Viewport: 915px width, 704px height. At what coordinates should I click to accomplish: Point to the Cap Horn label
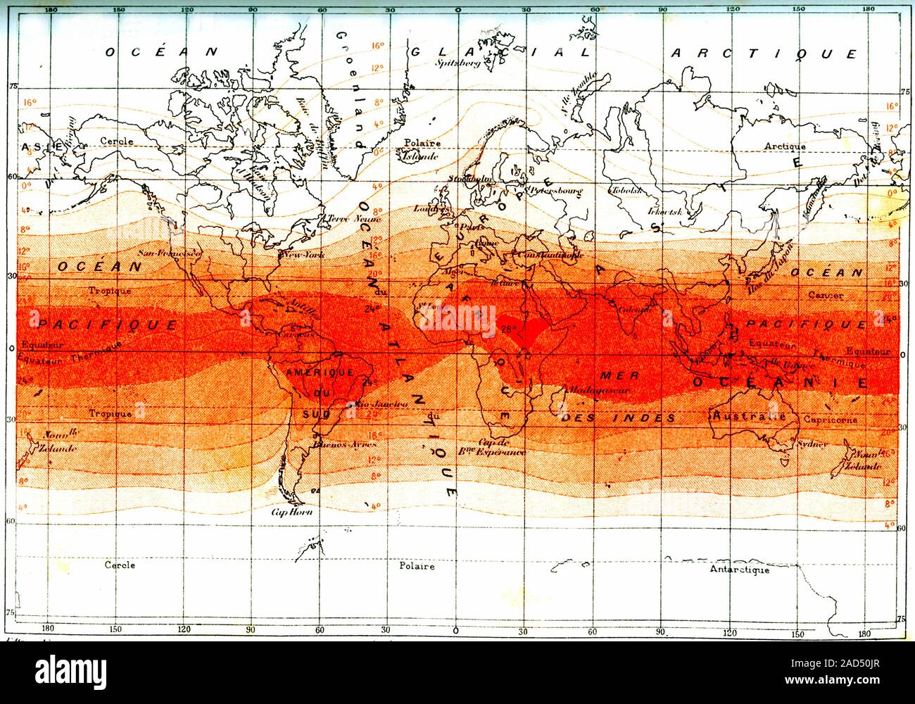291,512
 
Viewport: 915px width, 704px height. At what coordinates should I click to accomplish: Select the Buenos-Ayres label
346,444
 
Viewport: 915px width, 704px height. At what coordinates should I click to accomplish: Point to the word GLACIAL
493,52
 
